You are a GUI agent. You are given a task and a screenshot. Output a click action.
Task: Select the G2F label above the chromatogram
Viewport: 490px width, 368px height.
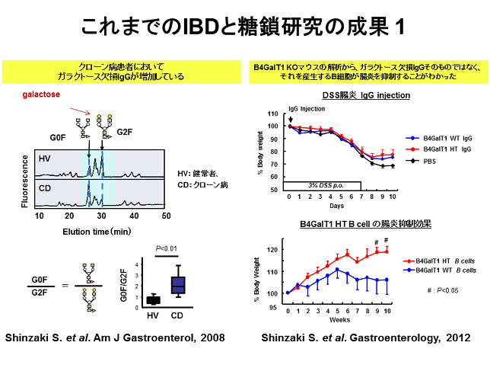(x=125, y=132)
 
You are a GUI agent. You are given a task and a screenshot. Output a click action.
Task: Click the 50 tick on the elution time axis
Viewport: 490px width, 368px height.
(x=165, y=216)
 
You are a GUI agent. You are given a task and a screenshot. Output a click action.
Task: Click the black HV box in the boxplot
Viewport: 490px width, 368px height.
(x=153, y=299)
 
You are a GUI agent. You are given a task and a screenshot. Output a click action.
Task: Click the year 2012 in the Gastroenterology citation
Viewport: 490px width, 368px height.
(x=455, y=338)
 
